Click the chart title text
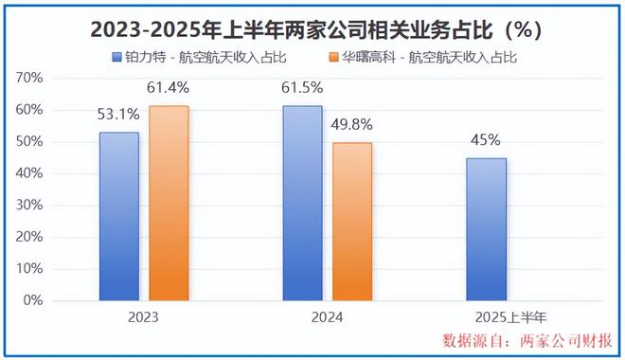tap(312, 29)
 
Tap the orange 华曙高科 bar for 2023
tap(169, 203)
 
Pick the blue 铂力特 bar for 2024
tap(303, 203)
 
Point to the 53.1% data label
tap(118, 115)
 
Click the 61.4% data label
tap(170, 88)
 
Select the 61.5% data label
tap(303, 88)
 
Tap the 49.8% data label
tap(353, 125)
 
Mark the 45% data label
tap(487, 140)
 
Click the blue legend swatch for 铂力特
tap(116, 57)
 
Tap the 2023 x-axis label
tap(143, 317)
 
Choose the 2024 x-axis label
tap(328, 317)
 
